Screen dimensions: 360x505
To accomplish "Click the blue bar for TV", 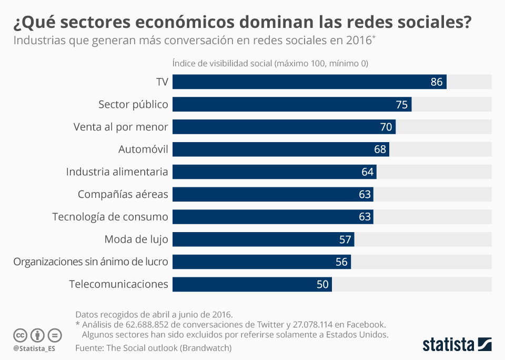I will pos(309,82).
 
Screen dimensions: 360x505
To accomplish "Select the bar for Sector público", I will pos(292,104).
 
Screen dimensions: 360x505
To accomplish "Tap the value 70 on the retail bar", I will pos(386,127).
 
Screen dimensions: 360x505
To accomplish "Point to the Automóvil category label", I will pos(143,149).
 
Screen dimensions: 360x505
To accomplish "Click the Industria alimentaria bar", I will pos(274,172).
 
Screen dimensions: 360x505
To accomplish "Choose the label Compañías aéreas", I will pos(123,194).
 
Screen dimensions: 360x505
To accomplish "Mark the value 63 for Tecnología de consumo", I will pos(365,217).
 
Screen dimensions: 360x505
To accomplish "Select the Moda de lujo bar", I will pos(263,239).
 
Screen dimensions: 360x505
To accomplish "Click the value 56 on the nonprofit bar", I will pos(341,262).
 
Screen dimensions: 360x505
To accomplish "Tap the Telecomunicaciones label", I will pos(118,284).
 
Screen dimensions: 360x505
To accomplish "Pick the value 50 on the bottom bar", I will pos(322,285).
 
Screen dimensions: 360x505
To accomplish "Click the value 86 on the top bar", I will pos(437,82).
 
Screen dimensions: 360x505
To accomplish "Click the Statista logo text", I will pos(448,345).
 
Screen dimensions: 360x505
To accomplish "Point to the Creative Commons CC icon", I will pos(21,335).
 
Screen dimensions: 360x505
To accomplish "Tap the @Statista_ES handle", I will pos(34,348).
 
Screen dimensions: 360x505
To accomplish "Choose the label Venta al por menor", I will pos(120,127).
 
